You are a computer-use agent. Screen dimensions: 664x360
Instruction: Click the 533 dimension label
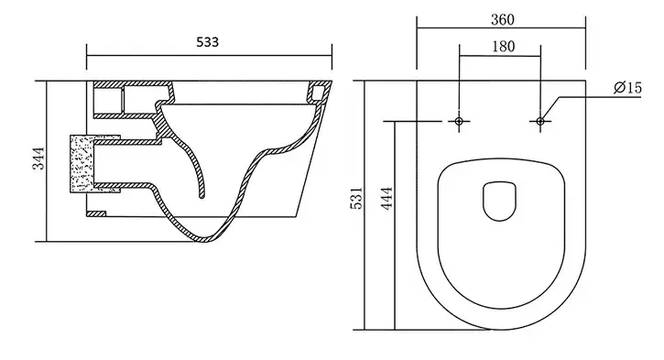(208, 42)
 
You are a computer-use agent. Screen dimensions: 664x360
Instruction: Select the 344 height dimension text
(38, 158)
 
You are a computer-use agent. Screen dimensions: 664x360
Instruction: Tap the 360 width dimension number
(503, 19)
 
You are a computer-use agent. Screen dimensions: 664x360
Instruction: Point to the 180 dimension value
(503, 46)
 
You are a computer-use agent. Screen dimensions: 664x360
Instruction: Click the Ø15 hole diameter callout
(627, 88)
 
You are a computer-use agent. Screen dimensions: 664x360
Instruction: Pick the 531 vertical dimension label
(356, 198)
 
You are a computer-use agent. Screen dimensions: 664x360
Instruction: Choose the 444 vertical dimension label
(386, 198)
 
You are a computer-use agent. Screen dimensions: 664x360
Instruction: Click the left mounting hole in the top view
(459, 122)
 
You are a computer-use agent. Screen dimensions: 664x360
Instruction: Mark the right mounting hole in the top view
(540, 122)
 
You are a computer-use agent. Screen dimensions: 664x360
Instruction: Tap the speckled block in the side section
(82, 164)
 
